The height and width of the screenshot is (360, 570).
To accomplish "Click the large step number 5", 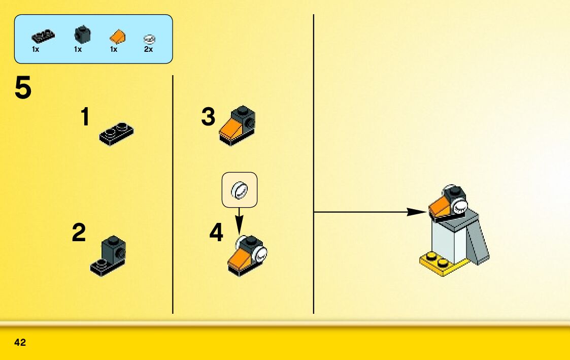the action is (x=23, y=88).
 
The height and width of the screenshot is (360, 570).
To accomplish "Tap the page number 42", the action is (x=20, y=343).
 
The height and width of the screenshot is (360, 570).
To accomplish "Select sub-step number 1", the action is (x=85, y=118).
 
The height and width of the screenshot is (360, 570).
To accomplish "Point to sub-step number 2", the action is (x=79, y=234).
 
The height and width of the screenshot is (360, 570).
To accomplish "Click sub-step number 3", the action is (x=208, y=117).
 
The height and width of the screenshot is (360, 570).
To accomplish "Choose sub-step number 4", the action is (x=216, y=233).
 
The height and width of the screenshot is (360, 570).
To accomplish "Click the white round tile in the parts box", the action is (x=149, y=38).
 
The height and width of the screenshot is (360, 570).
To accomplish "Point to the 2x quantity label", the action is (x=148, y=50).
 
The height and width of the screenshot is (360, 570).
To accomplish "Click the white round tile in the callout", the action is (x=240, y=190).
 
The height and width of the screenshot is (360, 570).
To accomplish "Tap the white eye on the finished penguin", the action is (x=459, y=206).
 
